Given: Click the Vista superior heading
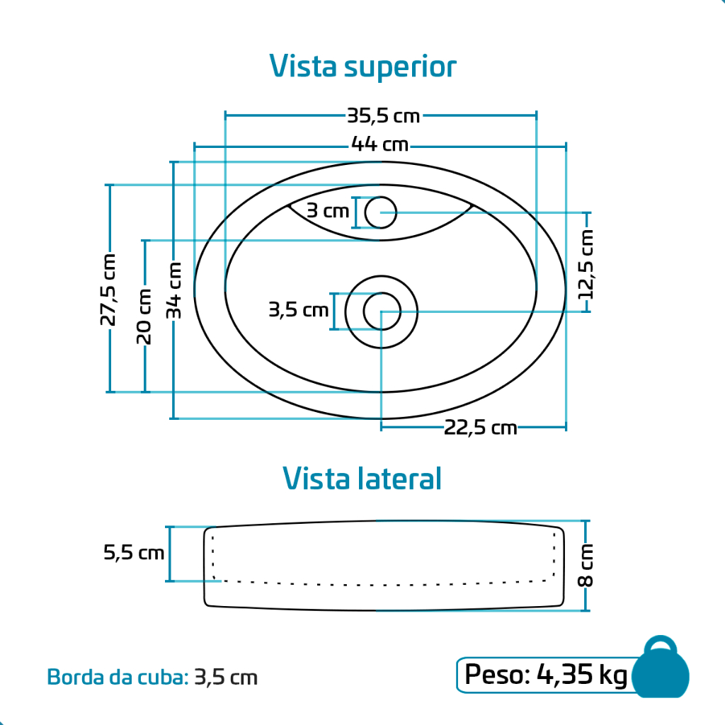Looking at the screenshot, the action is tap(362, 67).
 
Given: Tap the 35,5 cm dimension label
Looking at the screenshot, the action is tap(383, 115).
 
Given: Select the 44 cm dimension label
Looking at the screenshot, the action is tap(379, 144).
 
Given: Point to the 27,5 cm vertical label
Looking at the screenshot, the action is tap(108, 290).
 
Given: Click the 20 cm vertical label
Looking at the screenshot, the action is tap(144, 316).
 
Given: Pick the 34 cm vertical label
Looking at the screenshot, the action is tap(174, 290).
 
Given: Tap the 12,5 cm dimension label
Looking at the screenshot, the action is tap(586, 264).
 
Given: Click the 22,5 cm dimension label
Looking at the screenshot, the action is tap(481, 428).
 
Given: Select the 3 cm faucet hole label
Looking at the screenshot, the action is tap(327, 211).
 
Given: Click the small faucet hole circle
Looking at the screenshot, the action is tap(380, 212).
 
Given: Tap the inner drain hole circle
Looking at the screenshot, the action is tap(382, 312).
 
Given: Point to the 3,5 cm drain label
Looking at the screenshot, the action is tap(299, 310).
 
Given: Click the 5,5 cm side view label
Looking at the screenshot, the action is tap(134, 552).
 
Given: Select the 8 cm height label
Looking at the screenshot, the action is tap(586, 565).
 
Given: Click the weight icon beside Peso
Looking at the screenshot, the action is tap(661, 668).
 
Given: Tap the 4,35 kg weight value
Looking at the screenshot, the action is tap(582, 675).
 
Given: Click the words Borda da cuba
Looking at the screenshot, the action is tap(118, 678).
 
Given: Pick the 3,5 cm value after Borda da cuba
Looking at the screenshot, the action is tap(226, 678).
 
